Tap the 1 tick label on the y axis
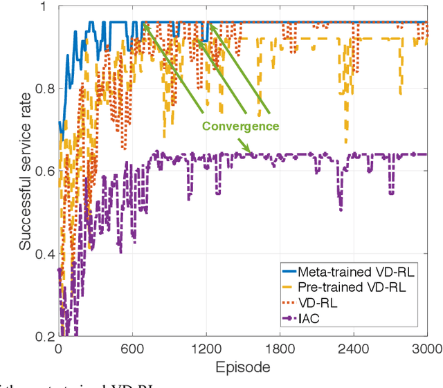(51, 7)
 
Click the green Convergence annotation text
(240, 127)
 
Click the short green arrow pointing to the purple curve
(243, 144)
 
